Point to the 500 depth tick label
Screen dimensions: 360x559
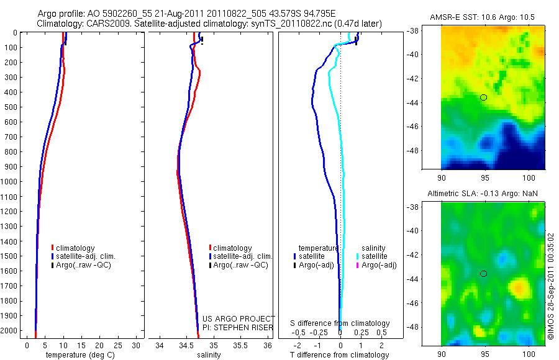pyautogui.click(x=11, y=107)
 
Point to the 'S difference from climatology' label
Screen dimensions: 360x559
pyautogui.click(x=340, y=323)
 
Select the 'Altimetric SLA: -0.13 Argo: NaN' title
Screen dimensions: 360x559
pyautogui.click(x=483, y=194)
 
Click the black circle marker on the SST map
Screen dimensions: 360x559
pyautogui.click(x=483, y=97)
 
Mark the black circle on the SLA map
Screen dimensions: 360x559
pyautogui.click(x=483, y=274)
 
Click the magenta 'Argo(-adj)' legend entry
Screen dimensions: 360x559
pyautogui.click(x=378, y=265)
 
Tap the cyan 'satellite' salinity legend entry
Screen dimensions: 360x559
pyautogui.click(x=374, y=256)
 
